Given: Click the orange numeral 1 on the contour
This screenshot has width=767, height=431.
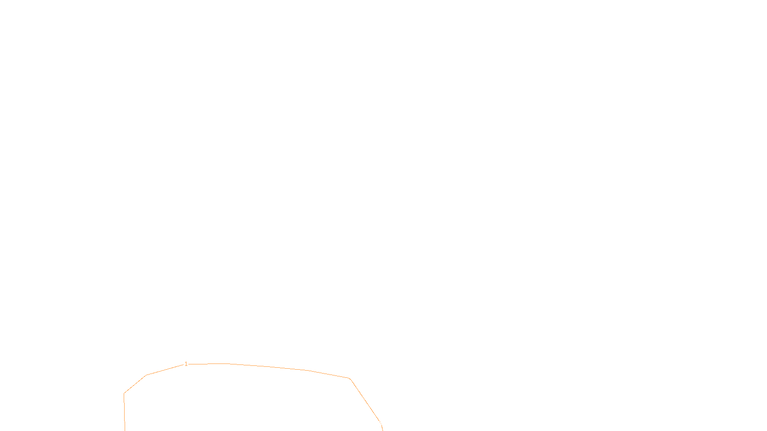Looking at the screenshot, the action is point(186,364).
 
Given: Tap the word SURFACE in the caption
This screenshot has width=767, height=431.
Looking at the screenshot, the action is point(383,423).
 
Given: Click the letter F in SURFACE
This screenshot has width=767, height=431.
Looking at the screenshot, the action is point(383,423).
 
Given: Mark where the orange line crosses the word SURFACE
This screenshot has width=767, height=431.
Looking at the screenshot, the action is point(379,422).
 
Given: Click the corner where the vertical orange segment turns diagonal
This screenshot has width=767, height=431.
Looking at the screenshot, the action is point(124,394).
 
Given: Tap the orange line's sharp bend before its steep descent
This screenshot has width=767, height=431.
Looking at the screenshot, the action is point(350,379).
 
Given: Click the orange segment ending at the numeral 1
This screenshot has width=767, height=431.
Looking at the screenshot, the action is point(165,370).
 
